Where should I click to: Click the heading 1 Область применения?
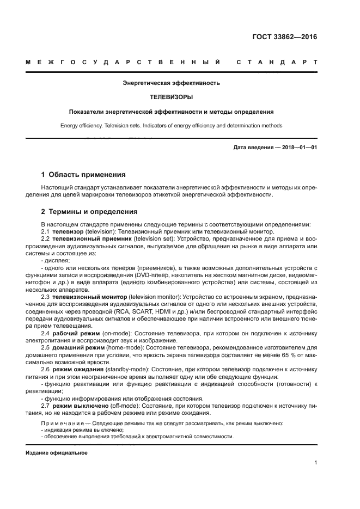tap(83, 175)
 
